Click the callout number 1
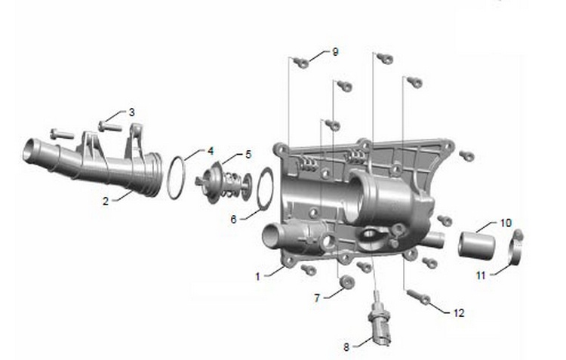point(258,277)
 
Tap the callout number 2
point(106,201)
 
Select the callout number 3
point(132,112)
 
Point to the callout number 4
point(211,151)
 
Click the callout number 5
point(248,155)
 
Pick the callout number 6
point(233,219)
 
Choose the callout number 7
point(317,298)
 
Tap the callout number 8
point(346,347)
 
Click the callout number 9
point(335,52)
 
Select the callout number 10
point(506,223)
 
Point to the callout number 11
point(481,275)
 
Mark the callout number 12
point(459,312)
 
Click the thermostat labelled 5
point(223,183)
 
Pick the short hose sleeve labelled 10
point(476,245)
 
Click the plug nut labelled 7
point(347,282)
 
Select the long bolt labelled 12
point(418,297)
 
